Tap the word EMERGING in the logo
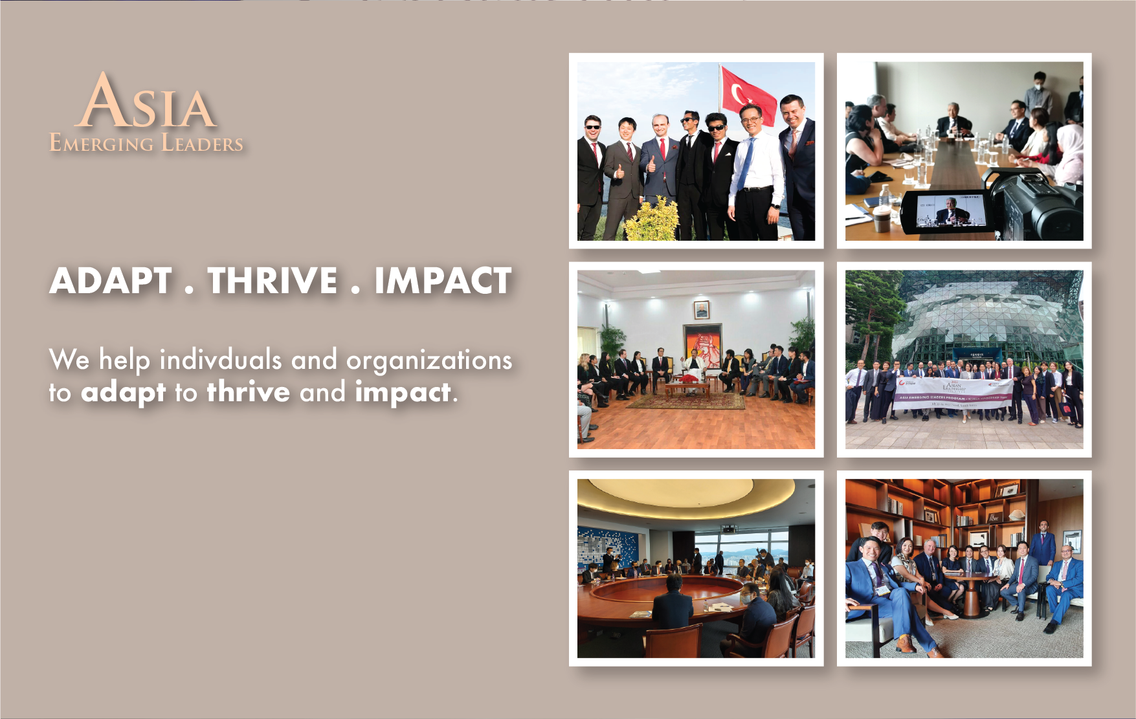tap(102, 143)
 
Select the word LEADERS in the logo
tap(202, 143)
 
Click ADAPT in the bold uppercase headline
tap(111, 281)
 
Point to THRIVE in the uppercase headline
tap(273, 281)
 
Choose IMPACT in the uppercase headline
tap(443, 281)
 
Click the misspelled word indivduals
tap(221, 360)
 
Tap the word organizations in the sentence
tap(429, 360)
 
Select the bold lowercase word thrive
tap(249, 392)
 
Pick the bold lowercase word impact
tap(403, 392)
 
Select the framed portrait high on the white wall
tap(701, 310)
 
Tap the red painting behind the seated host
tap(702, 347)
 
